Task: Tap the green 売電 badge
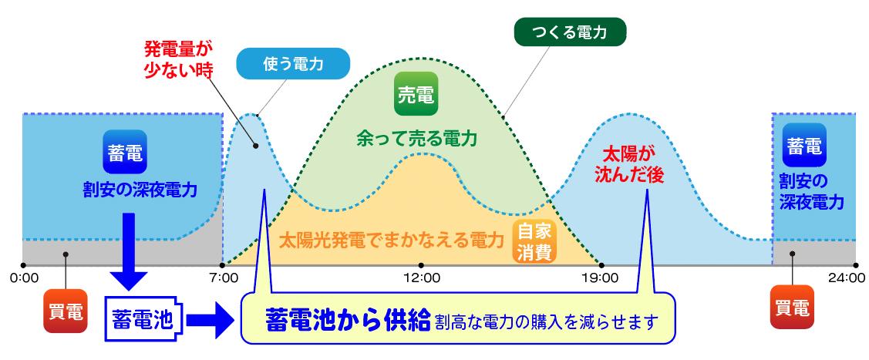click(x=415, y=95)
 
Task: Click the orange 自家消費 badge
click(x=534, y=241)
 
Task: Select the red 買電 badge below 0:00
click(x=66, y=310)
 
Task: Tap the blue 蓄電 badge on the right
click(x=804, y=145)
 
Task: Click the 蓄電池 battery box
click(x=143, y=318)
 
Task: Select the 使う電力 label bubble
click(x=292, y=65)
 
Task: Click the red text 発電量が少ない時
click(x=177, y=59)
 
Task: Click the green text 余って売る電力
click(x=416, y=139)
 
